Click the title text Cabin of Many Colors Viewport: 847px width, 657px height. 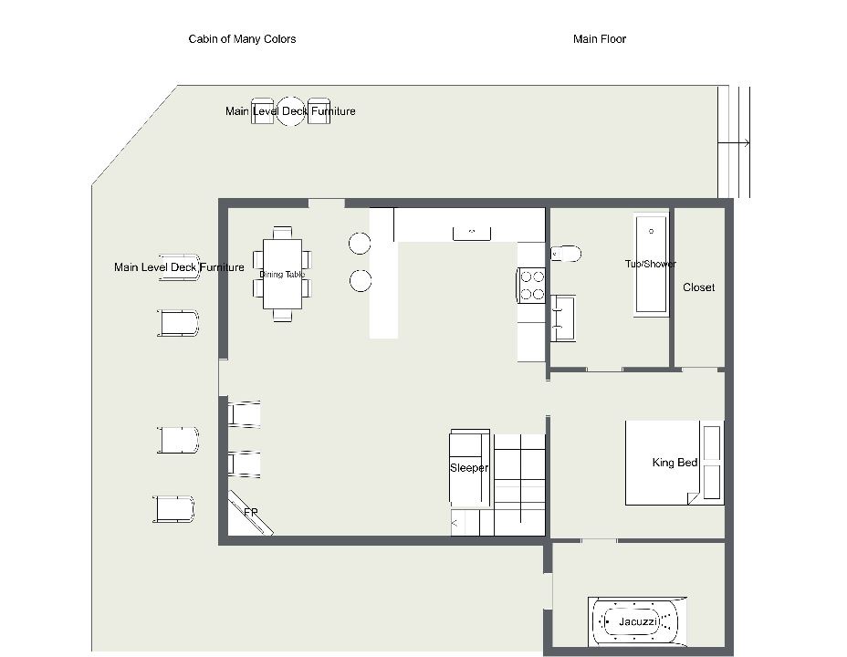tap(242, 39)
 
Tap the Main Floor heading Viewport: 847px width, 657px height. tap(600, 39)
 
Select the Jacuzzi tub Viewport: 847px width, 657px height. tap(637, 621)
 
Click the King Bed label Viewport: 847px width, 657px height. tap(674, 462)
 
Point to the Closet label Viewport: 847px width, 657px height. tap(698, 287)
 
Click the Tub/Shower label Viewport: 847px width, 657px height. tap(651, 264)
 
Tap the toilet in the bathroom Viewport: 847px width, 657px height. tap(566, 253)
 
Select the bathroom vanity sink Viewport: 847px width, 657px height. tap(563, 318)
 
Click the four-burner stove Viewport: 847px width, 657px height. tap(531, 285)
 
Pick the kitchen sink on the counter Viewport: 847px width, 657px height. tap(472, 234)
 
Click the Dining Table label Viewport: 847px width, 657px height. tap(282, 275)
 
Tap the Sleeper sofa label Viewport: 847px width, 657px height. tap(469, 467)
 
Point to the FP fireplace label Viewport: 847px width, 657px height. tap(251, 512)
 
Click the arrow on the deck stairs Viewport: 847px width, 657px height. tap(734, 143)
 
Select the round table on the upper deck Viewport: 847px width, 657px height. tap(290, 111)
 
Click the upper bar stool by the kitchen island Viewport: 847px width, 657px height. tap(360, 244)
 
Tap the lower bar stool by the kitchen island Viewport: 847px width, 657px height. tap(361, 281)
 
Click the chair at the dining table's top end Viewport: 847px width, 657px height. tap(282, 233)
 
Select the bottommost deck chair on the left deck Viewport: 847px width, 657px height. tap(173, 509)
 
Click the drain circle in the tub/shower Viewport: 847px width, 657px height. tap(651, 231)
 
